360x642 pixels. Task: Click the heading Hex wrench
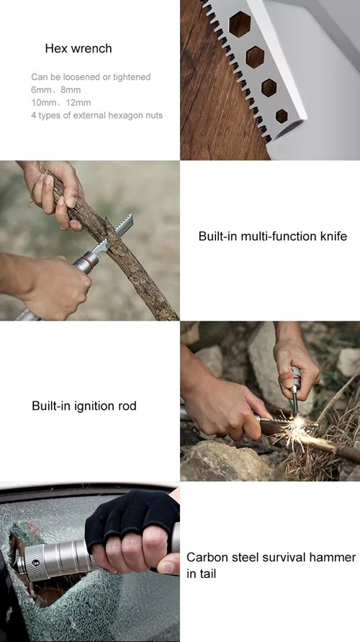[78, 49]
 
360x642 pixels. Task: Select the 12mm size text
[78, 102]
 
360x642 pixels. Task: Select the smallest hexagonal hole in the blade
[282, 115]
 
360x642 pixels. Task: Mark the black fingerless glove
[130, 522]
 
